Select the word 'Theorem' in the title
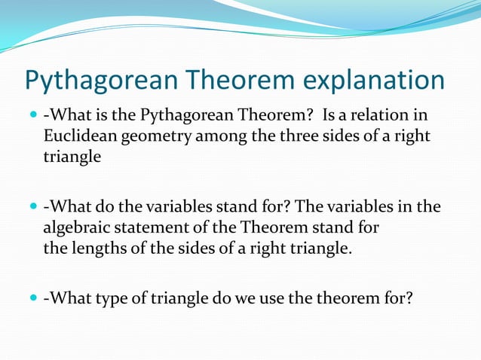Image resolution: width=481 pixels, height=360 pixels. (233, 80)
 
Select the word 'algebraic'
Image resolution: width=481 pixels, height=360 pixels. (76, 227)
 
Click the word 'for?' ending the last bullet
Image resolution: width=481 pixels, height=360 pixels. (398, 297)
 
